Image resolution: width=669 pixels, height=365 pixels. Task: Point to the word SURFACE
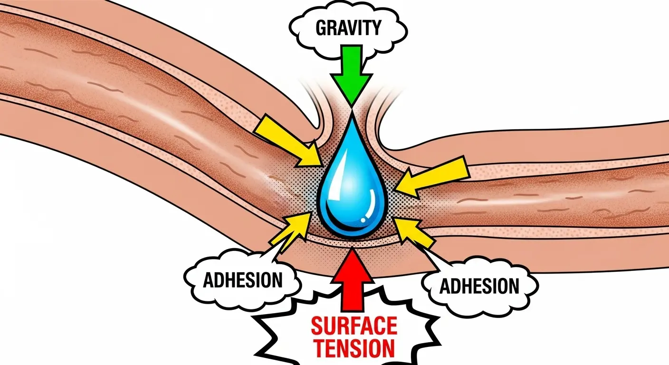tap(354, 327)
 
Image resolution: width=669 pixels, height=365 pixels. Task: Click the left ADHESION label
tap(242, 280)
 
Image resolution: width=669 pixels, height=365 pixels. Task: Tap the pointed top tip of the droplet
tap(351, 114)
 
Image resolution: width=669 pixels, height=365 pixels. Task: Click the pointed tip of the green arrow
tap(351, 104)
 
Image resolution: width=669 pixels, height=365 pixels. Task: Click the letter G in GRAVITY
tap(322, 29)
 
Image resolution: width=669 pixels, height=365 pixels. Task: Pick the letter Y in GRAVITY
tap(375, 29)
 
